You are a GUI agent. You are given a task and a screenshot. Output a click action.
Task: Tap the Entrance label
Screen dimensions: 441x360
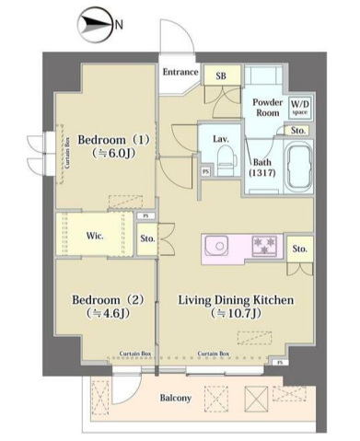(x=181, y=72)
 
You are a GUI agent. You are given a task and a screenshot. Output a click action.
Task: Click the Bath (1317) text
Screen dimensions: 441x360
(x=262, y=169)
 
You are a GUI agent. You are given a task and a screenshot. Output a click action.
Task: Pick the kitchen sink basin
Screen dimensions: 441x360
(x=218, y=246)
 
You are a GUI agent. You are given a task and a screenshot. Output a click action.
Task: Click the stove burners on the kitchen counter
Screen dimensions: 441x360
(x=266, y=246)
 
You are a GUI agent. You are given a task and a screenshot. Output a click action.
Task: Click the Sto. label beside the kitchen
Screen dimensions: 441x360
(x=299, y=249)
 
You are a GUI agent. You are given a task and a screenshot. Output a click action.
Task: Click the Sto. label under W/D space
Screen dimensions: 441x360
(x=300, y=132)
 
